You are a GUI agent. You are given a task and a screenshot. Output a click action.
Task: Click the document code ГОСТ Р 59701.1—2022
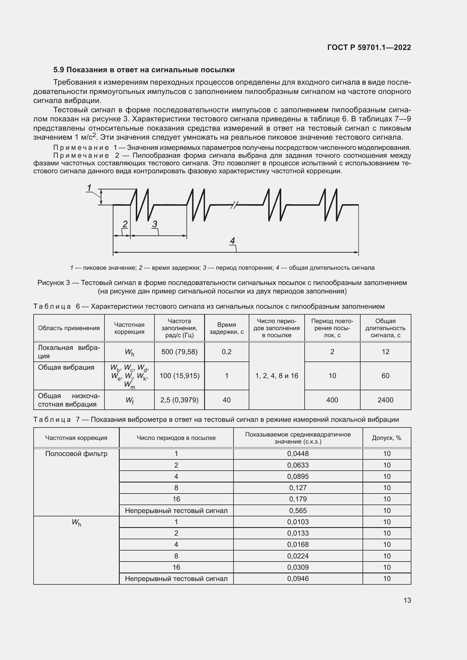pyautogui.click(x=369, y=47)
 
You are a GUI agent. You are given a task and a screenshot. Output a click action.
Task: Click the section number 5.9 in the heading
pyautogui.click(x=59, y=70)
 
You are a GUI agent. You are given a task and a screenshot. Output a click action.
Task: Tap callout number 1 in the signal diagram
pyautogui.click(x=90, y=188)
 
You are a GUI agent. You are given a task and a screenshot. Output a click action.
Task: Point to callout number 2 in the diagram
pyautogui.click(x=125, y=224)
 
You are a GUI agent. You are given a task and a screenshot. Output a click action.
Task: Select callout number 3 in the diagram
pyautogui.click(x=155, y=224)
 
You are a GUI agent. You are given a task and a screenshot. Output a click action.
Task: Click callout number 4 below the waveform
pyautogui.click(x=232, y=240)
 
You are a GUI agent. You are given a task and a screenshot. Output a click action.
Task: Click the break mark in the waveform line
pyautogui.click(x=234, y=205)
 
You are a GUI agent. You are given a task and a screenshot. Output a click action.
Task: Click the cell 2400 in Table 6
pyautogui.click(x=385, y=400)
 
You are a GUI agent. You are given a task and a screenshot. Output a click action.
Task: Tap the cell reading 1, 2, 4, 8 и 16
pyautogui.click(x=276, y=376)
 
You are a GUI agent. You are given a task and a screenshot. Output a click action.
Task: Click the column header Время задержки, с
pyautogui.click(x=226, y=328)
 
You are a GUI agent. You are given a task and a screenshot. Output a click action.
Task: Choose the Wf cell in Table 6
pyautogui.click(x=129, y=400)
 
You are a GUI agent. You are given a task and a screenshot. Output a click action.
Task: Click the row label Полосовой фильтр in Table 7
pyautogui.click(x=76, y=454)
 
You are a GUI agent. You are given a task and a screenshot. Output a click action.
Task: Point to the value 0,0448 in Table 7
pyautogui.click(x=298, y=454)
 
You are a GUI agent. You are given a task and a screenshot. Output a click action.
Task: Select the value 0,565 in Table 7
pyautogui.click(x=298, y=510)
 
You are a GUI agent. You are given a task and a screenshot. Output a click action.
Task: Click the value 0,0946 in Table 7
pyautogui.click(x=298, y=579)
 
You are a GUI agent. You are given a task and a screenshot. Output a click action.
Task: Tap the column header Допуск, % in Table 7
pyautogui.click(x=386, y=438)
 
